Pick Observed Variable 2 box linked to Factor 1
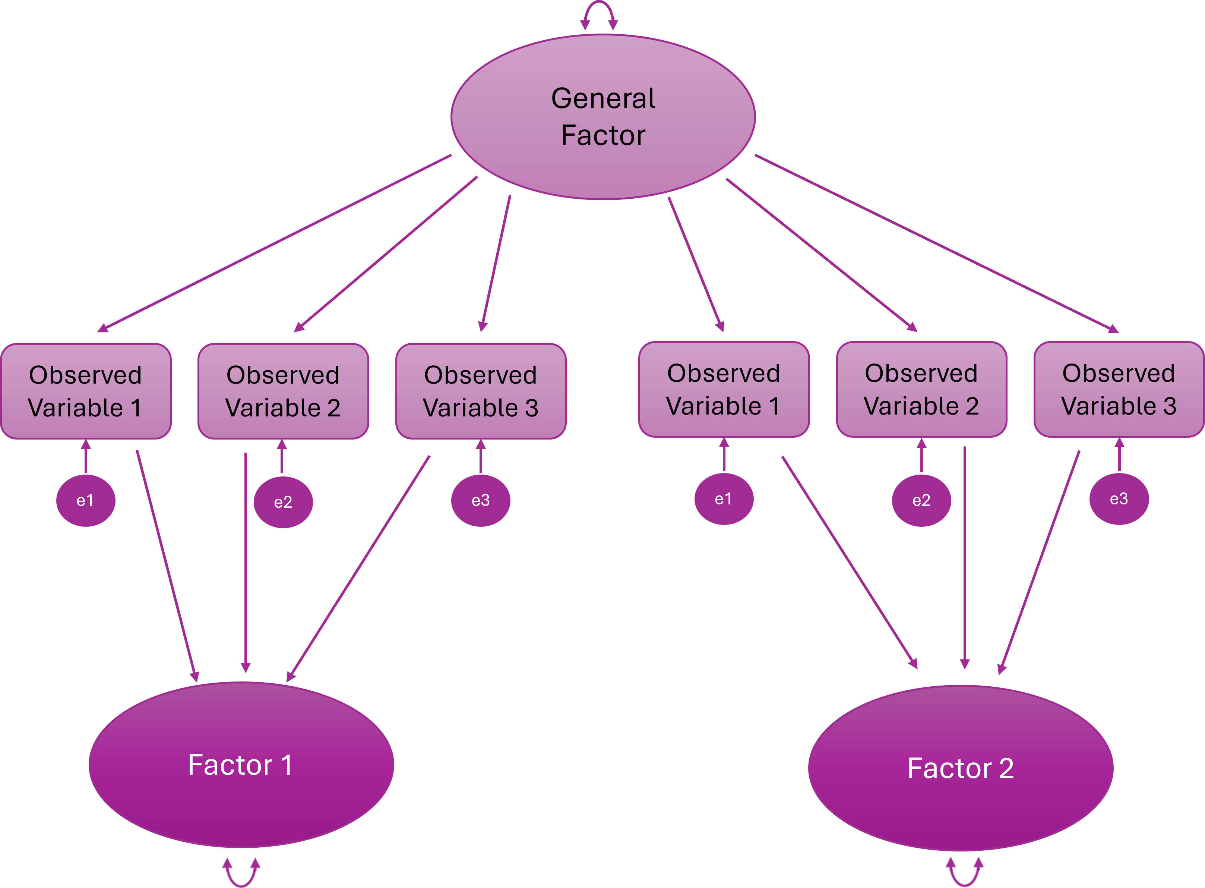283,391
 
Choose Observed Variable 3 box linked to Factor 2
1119,390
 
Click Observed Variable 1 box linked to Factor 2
724,390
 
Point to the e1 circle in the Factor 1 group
85,500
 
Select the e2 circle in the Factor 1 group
283,503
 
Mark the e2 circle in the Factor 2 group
921,500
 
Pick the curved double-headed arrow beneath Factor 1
241,875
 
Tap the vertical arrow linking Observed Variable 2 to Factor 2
965,559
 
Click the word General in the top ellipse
603,99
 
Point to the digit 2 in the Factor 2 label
1006,769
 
